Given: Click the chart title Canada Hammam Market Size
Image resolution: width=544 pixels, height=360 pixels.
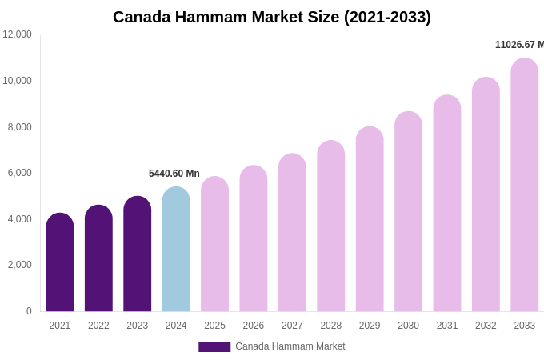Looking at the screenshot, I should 271,17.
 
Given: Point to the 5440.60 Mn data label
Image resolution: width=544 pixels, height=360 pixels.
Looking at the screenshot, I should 174,174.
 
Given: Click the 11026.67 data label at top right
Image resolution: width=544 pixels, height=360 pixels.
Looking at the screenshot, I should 519,45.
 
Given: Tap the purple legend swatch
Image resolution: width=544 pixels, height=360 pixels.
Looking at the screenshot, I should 214,347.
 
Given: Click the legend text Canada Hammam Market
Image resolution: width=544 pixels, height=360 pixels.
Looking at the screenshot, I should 290,346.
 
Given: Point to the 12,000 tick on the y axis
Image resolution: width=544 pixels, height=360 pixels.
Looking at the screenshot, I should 17,34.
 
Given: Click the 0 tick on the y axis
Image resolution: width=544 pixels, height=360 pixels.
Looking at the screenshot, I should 29,311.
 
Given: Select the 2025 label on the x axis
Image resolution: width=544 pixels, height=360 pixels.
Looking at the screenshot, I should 214,326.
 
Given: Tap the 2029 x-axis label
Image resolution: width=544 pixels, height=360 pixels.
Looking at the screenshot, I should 370,326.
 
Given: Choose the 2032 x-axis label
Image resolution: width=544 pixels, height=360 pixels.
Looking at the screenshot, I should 486,326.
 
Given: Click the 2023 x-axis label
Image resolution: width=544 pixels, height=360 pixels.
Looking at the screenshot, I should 137,326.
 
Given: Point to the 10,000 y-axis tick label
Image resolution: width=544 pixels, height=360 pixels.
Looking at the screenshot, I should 17,81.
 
